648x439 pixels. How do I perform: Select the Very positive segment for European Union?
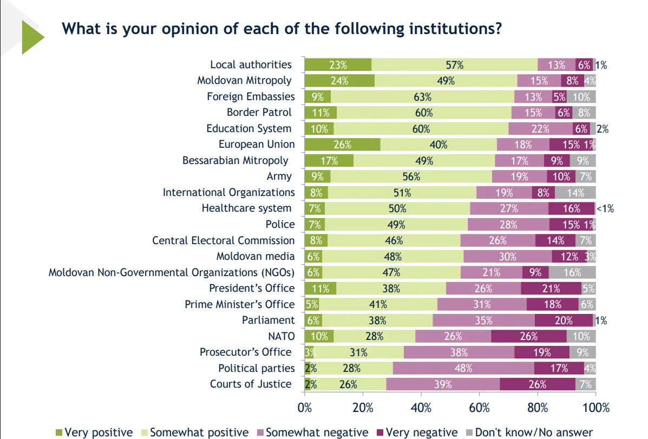point(342,145)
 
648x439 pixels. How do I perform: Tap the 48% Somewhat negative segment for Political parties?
point(463,368)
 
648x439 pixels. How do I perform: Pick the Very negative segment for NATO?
point(529,336)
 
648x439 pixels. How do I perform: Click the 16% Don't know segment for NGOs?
point(572,272)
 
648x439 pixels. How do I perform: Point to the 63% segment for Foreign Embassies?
point(422,97)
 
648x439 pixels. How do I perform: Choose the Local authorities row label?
point(251,64)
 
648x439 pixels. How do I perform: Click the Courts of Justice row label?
point(251,384)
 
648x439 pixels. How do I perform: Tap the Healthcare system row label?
point(246,208)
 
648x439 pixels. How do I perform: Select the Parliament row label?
point(269,320)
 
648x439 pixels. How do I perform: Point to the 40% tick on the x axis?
point(421,408)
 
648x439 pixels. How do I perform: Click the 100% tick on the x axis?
point(595,408)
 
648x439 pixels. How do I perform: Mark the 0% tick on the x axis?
point(305,408)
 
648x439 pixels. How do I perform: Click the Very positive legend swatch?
point(59,433)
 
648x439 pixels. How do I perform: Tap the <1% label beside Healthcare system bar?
point(605,208)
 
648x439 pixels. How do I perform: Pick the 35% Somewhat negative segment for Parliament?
point(483,320)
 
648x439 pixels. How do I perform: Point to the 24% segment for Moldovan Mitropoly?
point(339,81)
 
